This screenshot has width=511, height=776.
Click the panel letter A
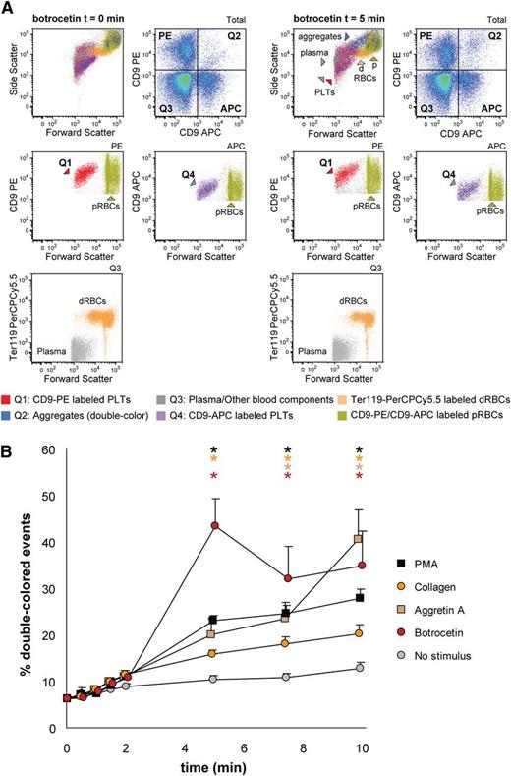click(x=9, y=8)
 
